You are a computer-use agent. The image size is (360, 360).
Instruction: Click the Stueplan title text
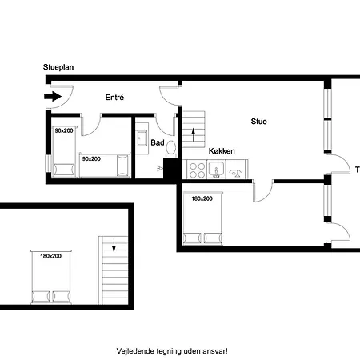(58, 67)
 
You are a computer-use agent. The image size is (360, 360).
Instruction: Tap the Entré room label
(114, 98)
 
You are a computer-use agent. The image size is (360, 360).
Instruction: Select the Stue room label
(258, 122)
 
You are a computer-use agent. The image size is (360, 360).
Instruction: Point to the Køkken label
(222, 151)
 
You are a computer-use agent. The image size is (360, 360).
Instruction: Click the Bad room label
(158, 142)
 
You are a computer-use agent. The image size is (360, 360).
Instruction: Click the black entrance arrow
(53, 96)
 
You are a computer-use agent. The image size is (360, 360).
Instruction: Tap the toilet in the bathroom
(170, 150)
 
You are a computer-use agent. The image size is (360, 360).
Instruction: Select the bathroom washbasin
(142, 138)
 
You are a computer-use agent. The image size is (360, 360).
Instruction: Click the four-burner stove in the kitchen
(197, 170)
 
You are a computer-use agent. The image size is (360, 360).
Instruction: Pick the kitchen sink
(216, 170)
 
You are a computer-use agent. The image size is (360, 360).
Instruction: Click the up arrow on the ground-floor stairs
(194, 134)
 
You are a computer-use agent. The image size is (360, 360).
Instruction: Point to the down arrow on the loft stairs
(114, 246)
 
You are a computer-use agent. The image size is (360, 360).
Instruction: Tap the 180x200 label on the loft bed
(50, 256)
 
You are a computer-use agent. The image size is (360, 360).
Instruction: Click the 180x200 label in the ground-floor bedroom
(202, 198)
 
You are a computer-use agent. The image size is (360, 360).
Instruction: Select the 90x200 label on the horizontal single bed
(91, 159)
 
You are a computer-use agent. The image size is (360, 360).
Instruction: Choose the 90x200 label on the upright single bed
(64, 130)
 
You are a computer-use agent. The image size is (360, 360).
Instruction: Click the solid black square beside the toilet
(170, 169)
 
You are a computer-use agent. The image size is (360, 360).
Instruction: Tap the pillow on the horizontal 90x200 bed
(122, 166)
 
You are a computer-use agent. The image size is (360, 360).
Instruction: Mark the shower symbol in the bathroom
(160, 168)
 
